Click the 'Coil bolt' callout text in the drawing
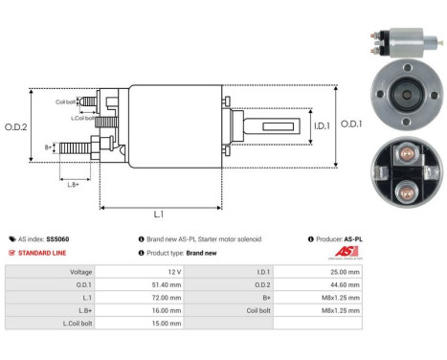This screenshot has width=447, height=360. click(x=66, y=101)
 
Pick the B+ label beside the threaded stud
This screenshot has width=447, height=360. click(x=49, y=147)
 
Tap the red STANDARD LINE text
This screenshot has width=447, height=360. click(x=41, y=253)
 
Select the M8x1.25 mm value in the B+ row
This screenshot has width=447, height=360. click(x=343, y=297)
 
